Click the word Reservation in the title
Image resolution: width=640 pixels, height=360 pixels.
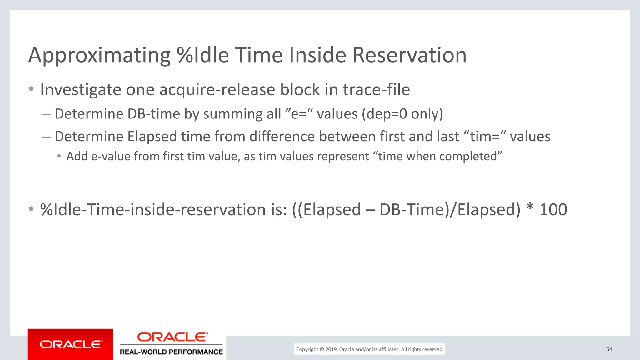[x=409, y=55]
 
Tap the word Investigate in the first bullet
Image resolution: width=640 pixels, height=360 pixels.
[x=81, y=90]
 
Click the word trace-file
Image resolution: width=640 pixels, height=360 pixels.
[x=376, y=90]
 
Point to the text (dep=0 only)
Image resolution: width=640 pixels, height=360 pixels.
[x=402, y=114]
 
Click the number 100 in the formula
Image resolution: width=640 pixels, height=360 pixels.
[x=553, y=210]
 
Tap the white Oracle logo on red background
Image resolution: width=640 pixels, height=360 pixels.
[x=71, y=344]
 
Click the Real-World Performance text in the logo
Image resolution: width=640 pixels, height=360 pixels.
[x=171, y=352]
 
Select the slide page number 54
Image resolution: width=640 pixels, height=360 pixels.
[x=609, y=349]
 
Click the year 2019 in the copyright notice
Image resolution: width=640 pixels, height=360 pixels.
[x=331, y=349]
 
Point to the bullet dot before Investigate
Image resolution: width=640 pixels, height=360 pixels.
[x=31, y=89]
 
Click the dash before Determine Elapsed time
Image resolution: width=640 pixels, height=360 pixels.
[x=47, y=137]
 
